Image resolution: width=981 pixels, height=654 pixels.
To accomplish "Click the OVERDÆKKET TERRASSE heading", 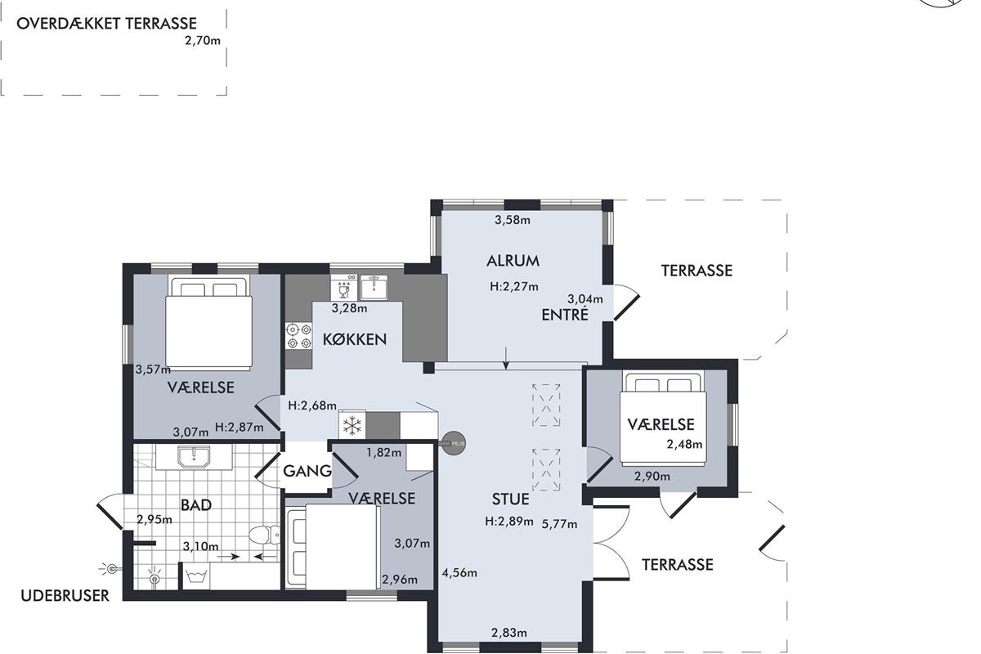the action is tap(106, 23).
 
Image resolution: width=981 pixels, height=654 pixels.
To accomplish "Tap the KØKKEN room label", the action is tap(355, 339).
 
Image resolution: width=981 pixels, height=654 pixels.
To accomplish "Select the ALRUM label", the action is tap(513, 261).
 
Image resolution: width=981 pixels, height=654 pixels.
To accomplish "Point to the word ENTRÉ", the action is tap(565, 315).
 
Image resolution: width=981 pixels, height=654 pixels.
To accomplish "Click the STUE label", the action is tap(510, 499).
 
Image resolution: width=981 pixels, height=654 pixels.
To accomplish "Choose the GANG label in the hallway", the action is tap(307, 472).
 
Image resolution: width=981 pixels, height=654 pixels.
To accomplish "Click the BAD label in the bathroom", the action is tap(196, 505).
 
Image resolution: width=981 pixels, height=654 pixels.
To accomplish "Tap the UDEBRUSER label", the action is tap(65, 596).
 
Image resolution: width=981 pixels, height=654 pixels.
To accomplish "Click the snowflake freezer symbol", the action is tap(352, 425).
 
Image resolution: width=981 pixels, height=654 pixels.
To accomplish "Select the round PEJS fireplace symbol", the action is tap(454, 444).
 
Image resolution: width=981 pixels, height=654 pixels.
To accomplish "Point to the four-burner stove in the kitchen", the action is tap(298, 335).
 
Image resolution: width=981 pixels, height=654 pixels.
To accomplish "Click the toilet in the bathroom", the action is tap(264, 535).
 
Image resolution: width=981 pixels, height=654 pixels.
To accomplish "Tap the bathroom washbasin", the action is tap(194, 457).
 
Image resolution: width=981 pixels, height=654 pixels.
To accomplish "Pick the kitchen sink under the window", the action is tap(374, 287).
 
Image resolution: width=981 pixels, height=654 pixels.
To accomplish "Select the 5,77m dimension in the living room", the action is tap(559, 524).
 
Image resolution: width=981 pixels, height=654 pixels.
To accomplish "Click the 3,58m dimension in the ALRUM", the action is tap(513, 220).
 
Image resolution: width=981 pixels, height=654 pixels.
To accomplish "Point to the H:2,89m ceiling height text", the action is tap(508, 522).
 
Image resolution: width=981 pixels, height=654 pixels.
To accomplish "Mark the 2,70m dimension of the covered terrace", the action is tap(203, 41).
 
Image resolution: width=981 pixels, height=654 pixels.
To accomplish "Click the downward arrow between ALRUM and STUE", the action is tap(506, 358).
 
